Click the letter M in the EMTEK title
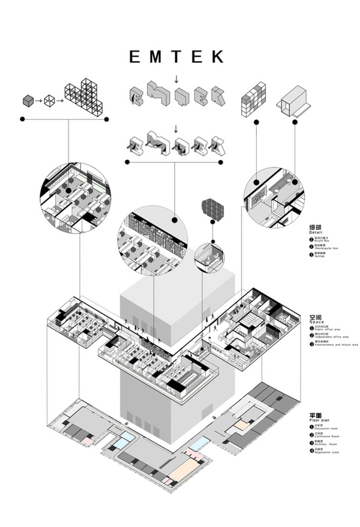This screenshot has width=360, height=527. click(155, 57)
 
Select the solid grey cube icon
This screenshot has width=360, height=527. click(28, 101)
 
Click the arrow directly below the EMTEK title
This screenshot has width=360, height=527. click(177, 78)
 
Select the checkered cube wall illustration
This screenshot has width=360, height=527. click(253, 99)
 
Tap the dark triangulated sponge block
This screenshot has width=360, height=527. click(213, 208)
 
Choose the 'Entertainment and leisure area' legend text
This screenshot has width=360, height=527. click(336, 345)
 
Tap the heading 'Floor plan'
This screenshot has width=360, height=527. click(319, 420)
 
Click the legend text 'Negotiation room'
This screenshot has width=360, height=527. click(327, 452)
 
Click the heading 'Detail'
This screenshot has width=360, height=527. click(316, 233)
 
